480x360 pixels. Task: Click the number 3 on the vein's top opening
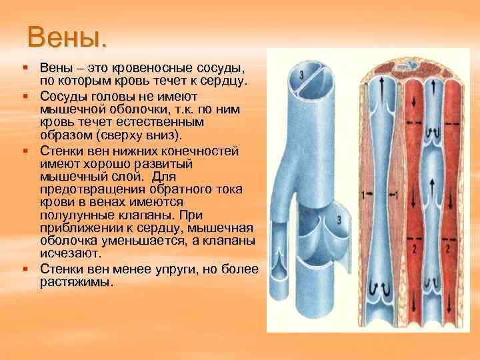click(x=302, y=73)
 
